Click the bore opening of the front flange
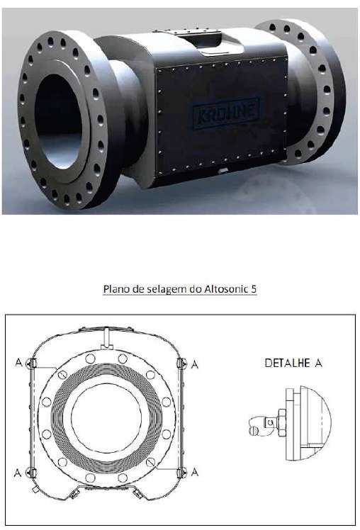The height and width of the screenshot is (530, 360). pyautogui.click(x=58, y=121)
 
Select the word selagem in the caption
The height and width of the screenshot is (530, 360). pyautogui.click(x=166, y=290)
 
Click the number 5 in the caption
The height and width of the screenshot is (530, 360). pyautogui.click(x=253, y=289)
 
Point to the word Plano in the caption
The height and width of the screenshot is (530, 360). pyautogui.click(x=114, y=289)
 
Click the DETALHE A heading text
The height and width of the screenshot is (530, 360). pyautogui.click(x=293, y=363)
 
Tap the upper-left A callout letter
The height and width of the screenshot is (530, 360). pyautogui.click(x=18, y=363)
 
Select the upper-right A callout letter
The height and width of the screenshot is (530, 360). pyautogui.click(x=195, y=364)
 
